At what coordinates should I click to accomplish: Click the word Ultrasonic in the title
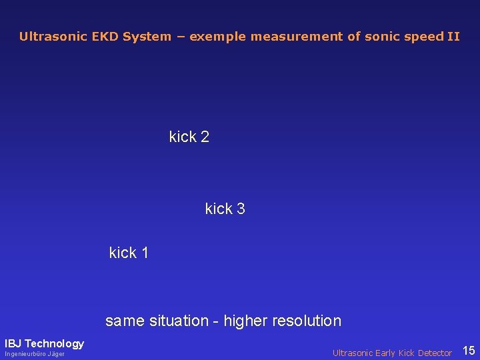[x=52, y=37]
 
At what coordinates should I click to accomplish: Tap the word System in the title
[x=147, y=37]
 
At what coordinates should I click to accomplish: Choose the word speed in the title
[x=421, y=37]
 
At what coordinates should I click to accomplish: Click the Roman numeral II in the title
[x=453, y=37]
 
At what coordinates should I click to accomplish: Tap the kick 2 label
[x=189, y=137]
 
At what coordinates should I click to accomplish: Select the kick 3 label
[x=225, y=209]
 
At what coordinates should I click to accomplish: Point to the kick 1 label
[x=129, y=253]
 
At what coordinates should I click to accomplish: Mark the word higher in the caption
[x=245, y=321]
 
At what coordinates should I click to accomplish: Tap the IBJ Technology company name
[x=45, y=344]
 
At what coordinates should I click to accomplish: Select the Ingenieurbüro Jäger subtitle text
[x=35, y=354]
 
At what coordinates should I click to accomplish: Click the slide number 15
[x=469, y=351]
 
